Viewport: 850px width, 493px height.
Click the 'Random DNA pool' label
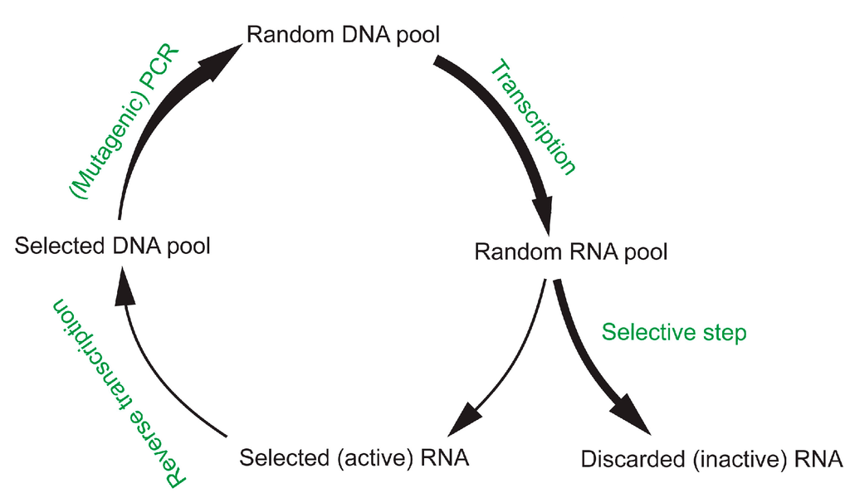click(343, 36)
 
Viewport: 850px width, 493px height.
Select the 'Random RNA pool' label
click(570, 251)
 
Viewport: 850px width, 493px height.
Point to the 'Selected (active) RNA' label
click(354, 457)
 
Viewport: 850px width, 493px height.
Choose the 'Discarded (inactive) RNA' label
click(712, 458)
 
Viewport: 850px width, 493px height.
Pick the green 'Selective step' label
click(674, 333)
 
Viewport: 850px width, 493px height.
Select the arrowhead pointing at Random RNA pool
click(547, 222)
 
